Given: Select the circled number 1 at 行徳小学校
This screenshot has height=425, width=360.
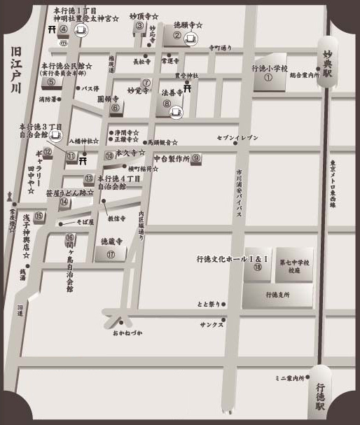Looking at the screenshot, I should click(268, 78).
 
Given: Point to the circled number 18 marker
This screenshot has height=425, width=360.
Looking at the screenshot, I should click(258, 267).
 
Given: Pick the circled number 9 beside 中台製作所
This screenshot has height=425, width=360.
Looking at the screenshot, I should click(197, 158).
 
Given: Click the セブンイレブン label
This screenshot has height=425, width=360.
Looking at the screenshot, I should click(237, 138).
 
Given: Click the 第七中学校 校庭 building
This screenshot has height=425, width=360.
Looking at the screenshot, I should click(294, 265).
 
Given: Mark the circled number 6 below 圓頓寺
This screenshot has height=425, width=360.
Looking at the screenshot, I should click(115, 107).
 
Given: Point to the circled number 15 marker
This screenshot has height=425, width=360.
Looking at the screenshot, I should click(39, 216).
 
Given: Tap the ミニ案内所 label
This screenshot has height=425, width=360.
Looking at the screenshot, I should click(291, 378).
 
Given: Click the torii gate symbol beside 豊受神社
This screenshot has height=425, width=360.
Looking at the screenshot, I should click(188, 87).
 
